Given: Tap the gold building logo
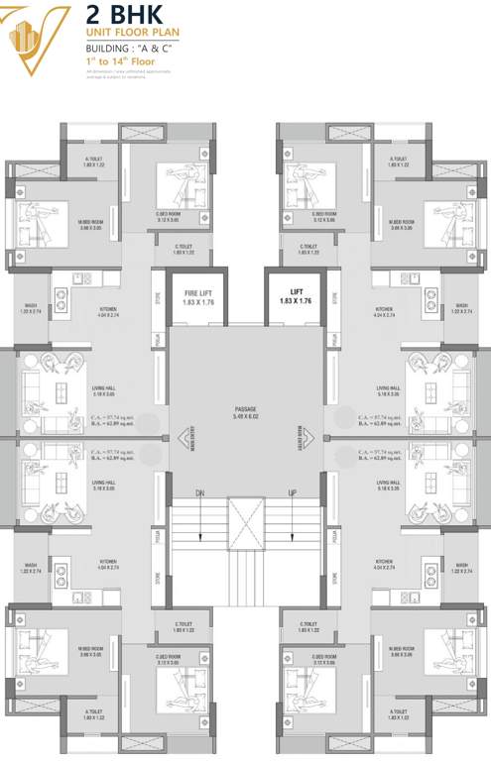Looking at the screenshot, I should (36, 41).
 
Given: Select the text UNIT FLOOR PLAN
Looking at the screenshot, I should (132, 34).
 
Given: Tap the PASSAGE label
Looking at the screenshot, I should (245, 408).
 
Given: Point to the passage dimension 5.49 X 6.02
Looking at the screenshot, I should (245, 417).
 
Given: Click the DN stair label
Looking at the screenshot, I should (200, 493).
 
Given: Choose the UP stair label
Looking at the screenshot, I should (292, 493).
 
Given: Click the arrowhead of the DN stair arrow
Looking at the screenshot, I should (200, 539).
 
